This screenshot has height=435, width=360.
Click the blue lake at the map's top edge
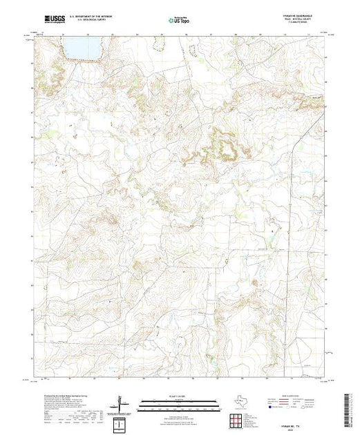82,48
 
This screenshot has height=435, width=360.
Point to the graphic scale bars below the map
180,406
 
